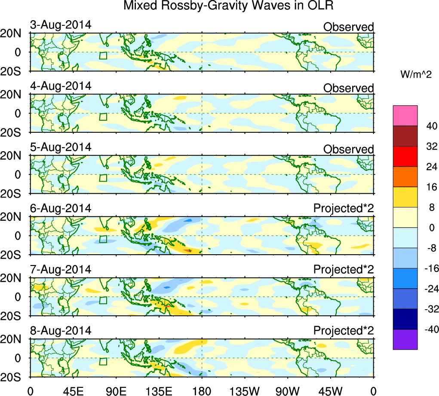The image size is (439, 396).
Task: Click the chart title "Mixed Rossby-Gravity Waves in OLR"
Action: (228, 6)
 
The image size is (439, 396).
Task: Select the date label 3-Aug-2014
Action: (61, 24)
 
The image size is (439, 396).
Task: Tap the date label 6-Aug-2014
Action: (61, 208)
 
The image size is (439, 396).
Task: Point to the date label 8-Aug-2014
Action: (61, 331)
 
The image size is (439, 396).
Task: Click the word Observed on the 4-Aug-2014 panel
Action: (348, 88)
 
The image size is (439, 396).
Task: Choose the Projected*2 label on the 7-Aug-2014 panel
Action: (344, 270)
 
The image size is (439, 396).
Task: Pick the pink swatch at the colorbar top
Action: (405, 116)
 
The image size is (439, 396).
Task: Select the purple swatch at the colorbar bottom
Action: (405, 339)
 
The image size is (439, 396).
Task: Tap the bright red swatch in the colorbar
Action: (405, 156)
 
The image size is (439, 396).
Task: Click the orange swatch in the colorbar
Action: (405, 177)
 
